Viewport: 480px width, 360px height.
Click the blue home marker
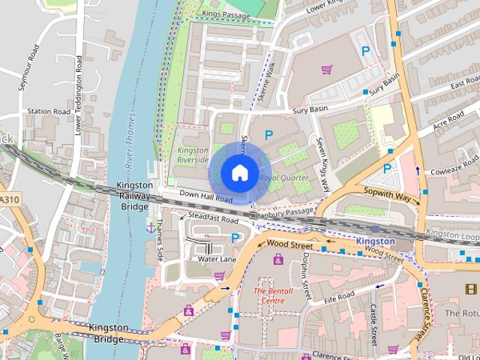point(238,172)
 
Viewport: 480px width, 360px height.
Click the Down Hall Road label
point(200,197)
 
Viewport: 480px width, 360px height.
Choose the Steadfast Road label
point(213,220)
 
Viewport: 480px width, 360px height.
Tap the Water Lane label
point(217,259)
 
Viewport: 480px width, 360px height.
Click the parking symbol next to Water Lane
point(235,238)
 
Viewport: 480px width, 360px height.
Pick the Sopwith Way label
point(389,196)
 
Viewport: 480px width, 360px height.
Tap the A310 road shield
point(8,199)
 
